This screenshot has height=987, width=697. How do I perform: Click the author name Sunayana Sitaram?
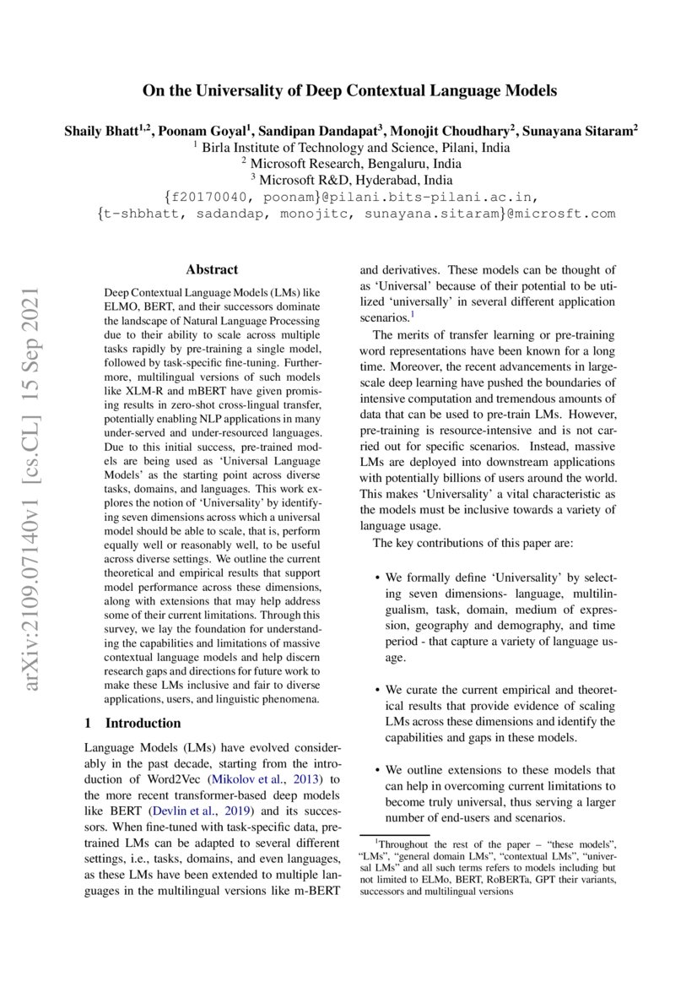[x=583, y=131]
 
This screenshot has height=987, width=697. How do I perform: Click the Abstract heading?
[x=211, y=270]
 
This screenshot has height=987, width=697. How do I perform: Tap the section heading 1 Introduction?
[x=133, y=723]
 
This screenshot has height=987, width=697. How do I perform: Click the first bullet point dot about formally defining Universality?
[x=376, y=578]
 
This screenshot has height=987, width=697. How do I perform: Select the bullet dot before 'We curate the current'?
[x=376, y=691]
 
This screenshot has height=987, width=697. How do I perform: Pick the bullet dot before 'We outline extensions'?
[x=376, y=770]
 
